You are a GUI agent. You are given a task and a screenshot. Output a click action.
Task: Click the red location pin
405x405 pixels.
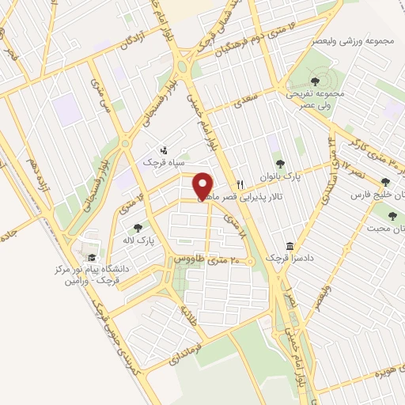pyautogui.click(x=203, y=185)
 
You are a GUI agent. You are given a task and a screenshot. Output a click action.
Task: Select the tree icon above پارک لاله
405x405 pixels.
pyautogui.click(x=138, y=228)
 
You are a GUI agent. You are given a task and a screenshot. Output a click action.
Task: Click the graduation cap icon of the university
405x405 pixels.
pyautogui.click(x=92, y=258)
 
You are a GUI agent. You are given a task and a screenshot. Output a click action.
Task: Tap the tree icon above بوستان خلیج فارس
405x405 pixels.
pyautogui.click(x=385, y=182)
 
